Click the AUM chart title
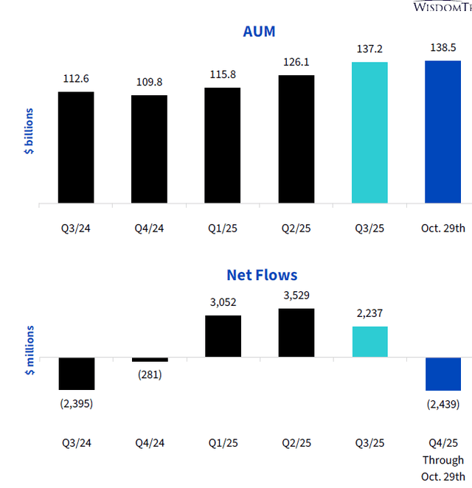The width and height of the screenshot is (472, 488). click(259, 31)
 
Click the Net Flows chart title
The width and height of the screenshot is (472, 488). click(262, 275)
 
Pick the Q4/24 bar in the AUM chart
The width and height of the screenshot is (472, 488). click(150, 149)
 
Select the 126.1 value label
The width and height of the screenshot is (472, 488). click(296, 62)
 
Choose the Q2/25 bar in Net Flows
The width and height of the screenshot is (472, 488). click(296, 332)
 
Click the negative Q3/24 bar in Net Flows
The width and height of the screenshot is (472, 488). click(76, 373)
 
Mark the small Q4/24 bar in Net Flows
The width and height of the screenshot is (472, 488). click(150, 359)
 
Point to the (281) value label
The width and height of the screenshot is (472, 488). click(150, 374)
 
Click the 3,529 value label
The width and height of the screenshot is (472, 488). click(296, 296)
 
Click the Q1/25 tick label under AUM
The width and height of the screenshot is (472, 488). click(223, 228)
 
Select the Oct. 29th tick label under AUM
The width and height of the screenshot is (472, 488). click(443, 228)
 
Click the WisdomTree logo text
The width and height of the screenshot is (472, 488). click(441, 7)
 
